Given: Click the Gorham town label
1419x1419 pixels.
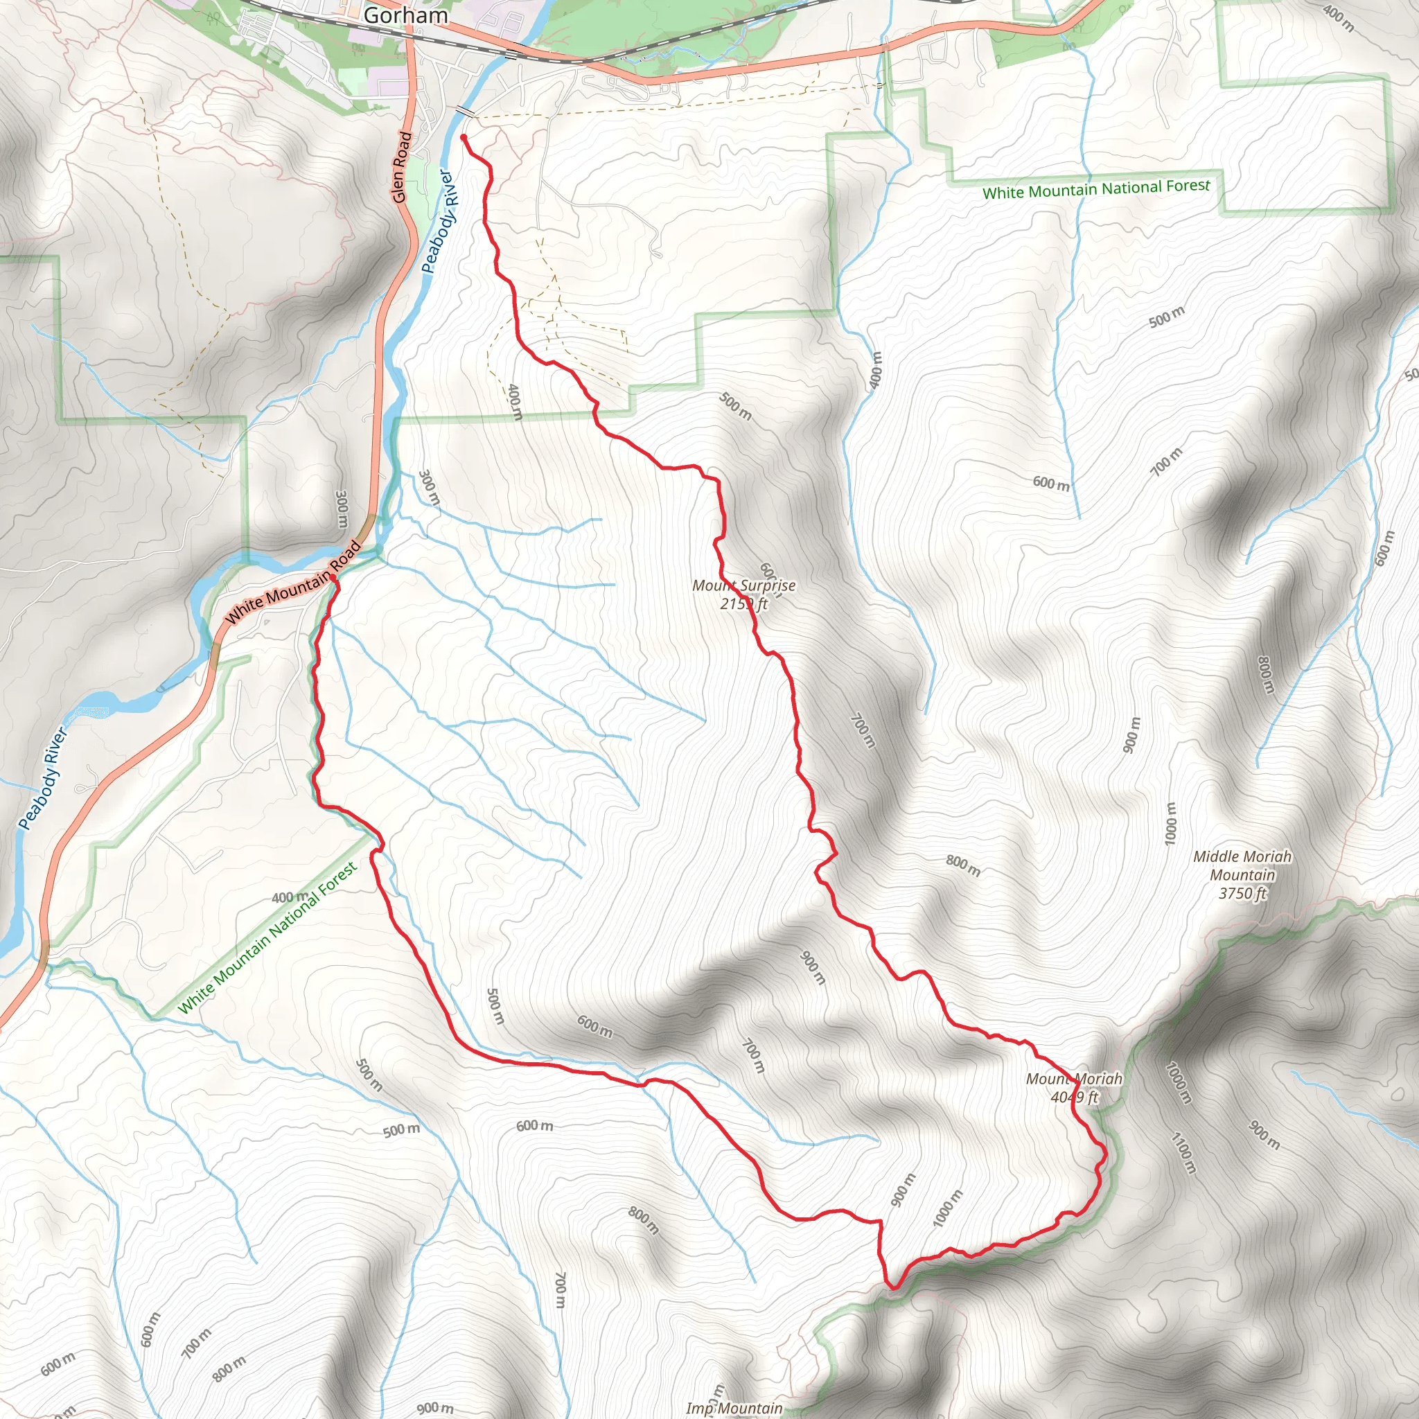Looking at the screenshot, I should (405, 15).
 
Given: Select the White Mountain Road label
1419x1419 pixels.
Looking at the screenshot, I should (293, 583).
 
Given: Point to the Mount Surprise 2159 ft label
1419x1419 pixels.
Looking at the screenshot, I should (743, 594).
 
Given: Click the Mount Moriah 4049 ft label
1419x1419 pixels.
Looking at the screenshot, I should (1074, 1088).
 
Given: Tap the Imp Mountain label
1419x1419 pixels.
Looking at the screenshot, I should (734, 1408).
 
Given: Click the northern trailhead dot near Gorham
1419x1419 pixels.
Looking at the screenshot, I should (464, 137).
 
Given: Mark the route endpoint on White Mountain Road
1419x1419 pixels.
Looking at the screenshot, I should (333, 579).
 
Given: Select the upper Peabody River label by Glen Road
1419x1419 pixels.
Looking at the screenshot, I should (440, 221).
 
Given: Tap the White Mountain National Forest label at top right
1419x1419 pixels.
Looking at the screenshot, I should (1096, 188).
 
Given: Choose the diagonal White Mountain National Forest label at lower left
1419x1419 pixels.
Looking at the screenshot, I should (268, 937).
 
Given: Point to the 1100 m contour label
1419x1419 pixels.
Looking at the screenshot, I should (1183, 1154).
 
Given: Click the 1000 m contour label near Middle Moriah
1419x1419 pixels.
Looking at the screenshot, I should (1170, 823).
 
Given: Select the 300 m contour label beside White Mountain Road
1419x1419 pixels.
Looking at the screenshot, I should (342, 509).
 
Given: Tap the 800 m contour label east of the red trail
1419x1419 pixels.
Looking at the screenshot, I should (963, 865).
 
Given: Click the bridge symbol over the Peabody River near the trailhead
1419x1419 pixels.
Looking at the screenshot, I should (464, 112).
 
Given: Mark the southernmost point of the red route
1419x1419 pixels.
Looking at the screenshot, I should (892, 1287).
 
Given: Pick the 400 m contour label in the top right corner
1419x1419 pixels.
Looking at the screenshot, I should (1338, 17).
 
